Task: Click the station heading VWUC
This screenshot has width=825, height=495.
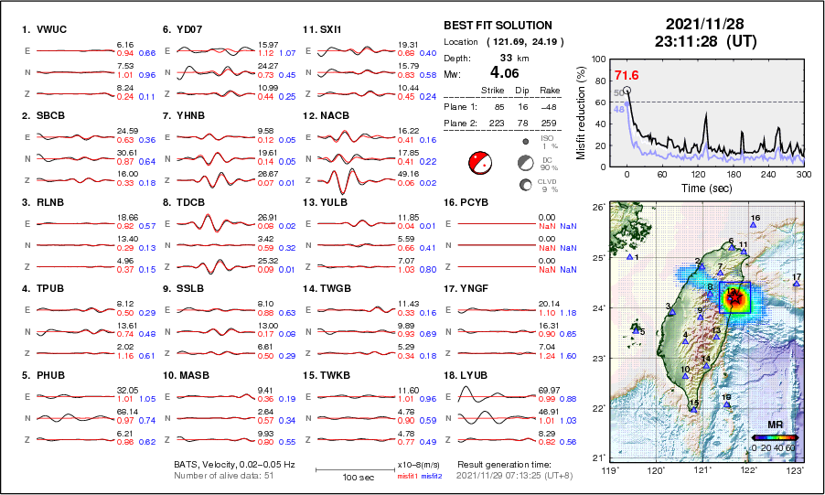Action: pyautogui.click(x=44, y=29)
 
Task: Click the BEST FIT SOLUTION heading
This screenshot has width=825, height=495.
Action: pyautogui.click(x=498, y=26)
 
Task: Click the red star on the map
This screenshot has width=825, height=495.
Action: pyautogui.click(x=734, y=295)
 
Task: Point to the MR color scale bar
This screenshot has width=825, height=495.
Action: pyautogui.click(x=775, y=436)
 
